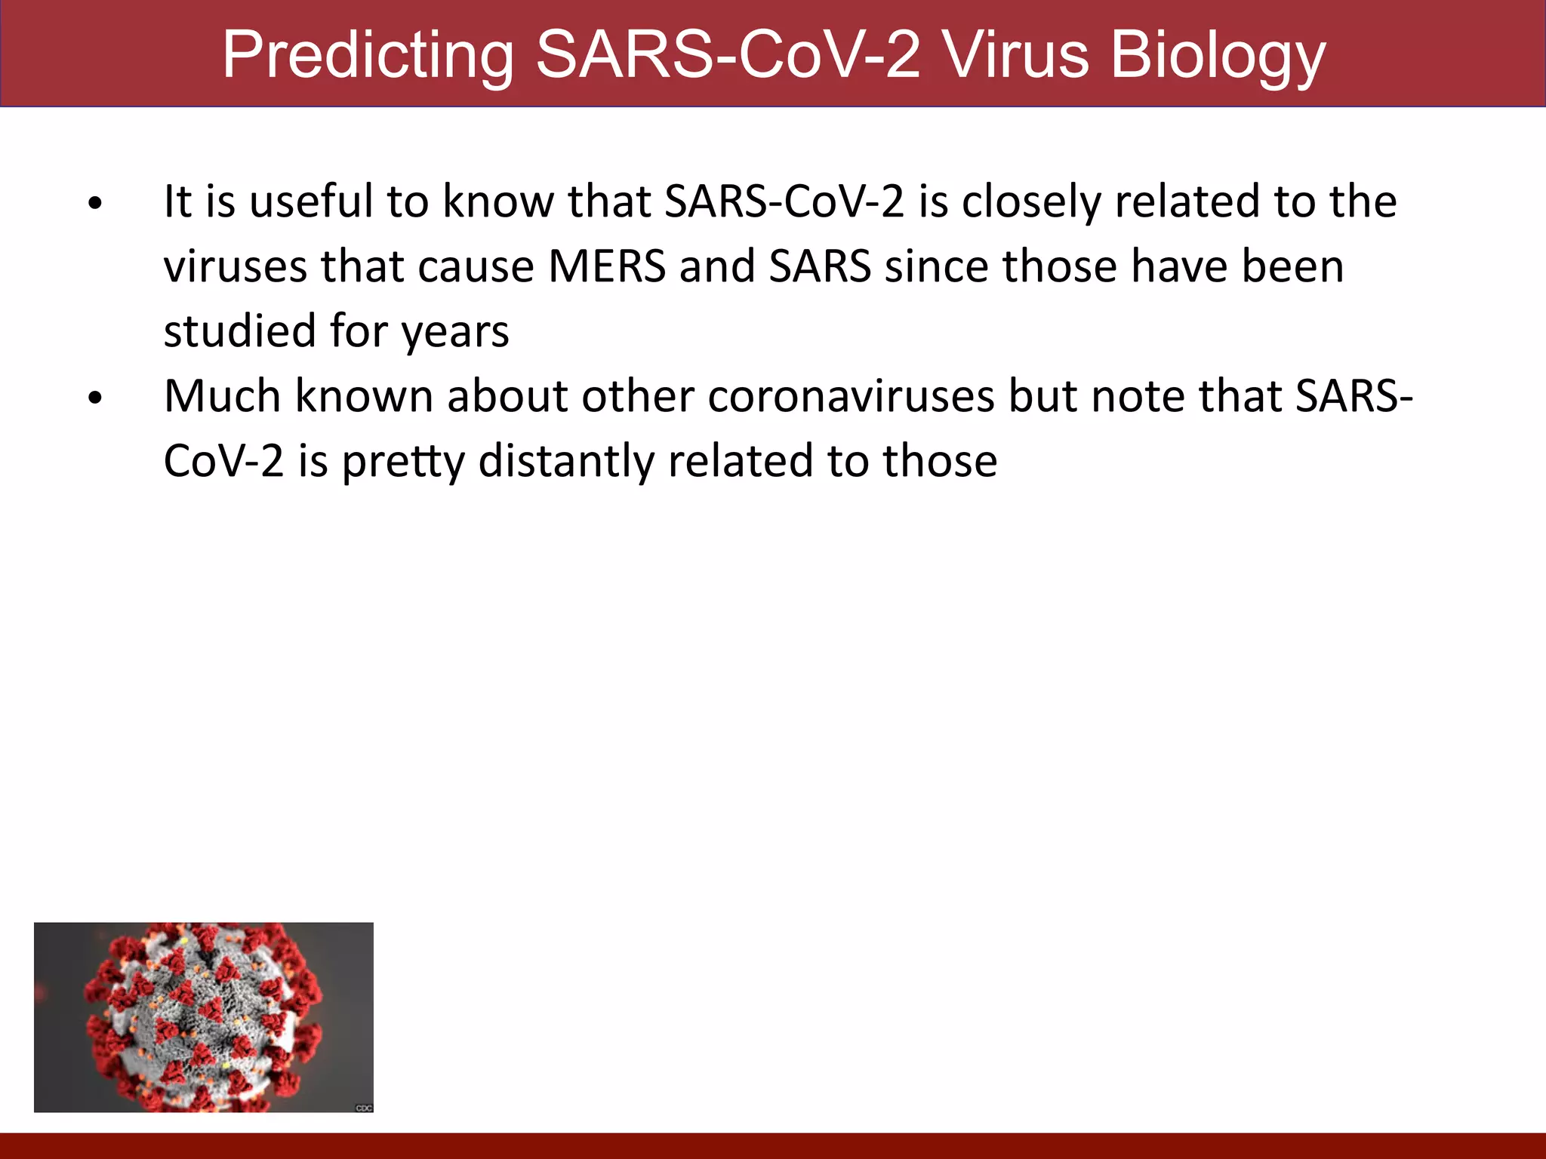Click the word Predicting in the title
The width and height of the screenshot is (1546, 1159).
(x=368, y=56)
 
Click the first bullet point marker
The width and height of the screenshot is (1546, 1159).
(x=94, y=203)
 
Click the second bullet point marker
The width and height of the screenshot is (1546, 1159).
(x=94, y=398)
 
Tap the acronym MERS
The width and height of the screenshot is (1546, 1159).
(x=607, y=267)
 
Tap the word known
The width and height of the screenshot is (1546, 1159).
(x=364, y=396)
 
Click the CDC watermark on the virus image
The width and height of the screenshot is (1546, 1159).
(x=364, y=1107)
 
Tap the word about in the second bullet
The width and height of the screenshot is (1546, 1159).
(x=507, y=396)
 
